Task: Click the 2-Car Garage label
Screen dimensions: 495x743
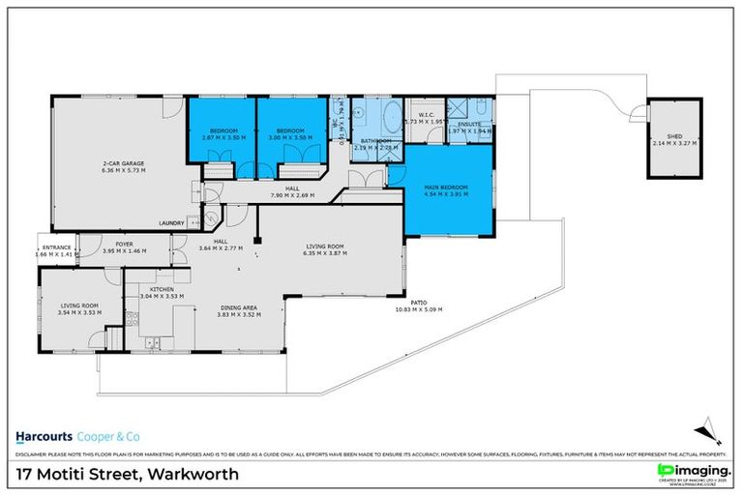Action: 118,163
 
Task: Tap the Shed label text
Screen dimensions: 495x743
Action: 667,136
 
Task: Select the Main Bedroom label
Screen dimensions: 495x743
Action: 446,188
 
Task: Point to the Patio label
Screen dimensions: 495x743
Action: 418,303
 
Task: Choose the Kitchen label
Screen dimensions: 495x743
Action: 161,289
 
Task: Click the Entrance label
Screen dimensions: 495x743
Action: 57,249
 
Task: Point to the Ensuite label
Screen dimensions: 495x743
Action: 468,125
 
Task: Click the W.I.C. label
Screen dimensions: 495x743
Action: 425,115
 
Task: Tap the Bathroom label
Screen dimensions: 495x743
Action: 374,141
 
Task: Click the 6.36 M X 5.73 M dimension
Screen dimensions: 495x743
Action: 118,171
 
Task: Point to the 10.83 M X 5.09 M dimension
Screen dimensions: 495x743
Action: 419,309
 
